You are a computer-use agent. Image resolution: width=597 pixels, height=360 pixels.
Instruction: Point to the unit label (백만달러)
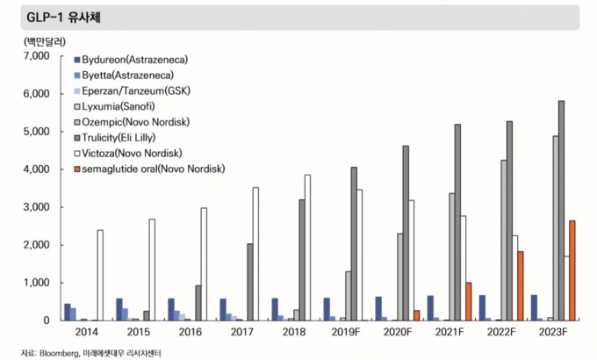(x=33, y=41)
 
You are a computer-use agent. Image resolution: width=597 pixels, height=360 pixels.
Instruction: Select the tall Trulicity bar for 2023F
(x=561, y=211)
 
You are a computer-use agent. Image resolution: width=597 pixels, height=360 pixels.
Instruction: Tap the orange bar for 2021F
(x=470, y=301)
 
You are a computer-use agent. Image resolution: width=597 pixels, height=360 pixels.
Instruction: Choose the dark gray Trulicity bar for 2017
(x=249, y=282)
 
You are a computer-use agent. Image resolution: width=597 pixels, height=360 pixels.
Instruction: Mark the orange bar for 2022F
(x=521, y=285)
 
